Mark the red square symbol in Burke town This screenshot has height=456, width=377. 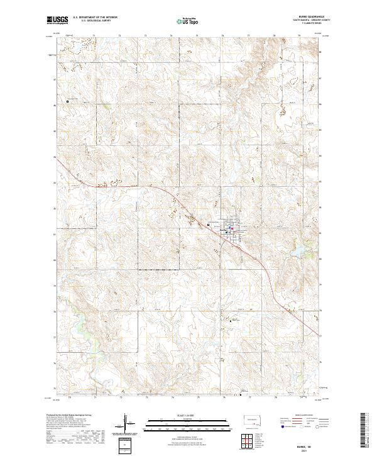pyautogui.click(x=231, y=228)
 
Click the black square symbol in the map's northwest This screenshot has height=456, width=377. pyautogui.click(x=68, y=101)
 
